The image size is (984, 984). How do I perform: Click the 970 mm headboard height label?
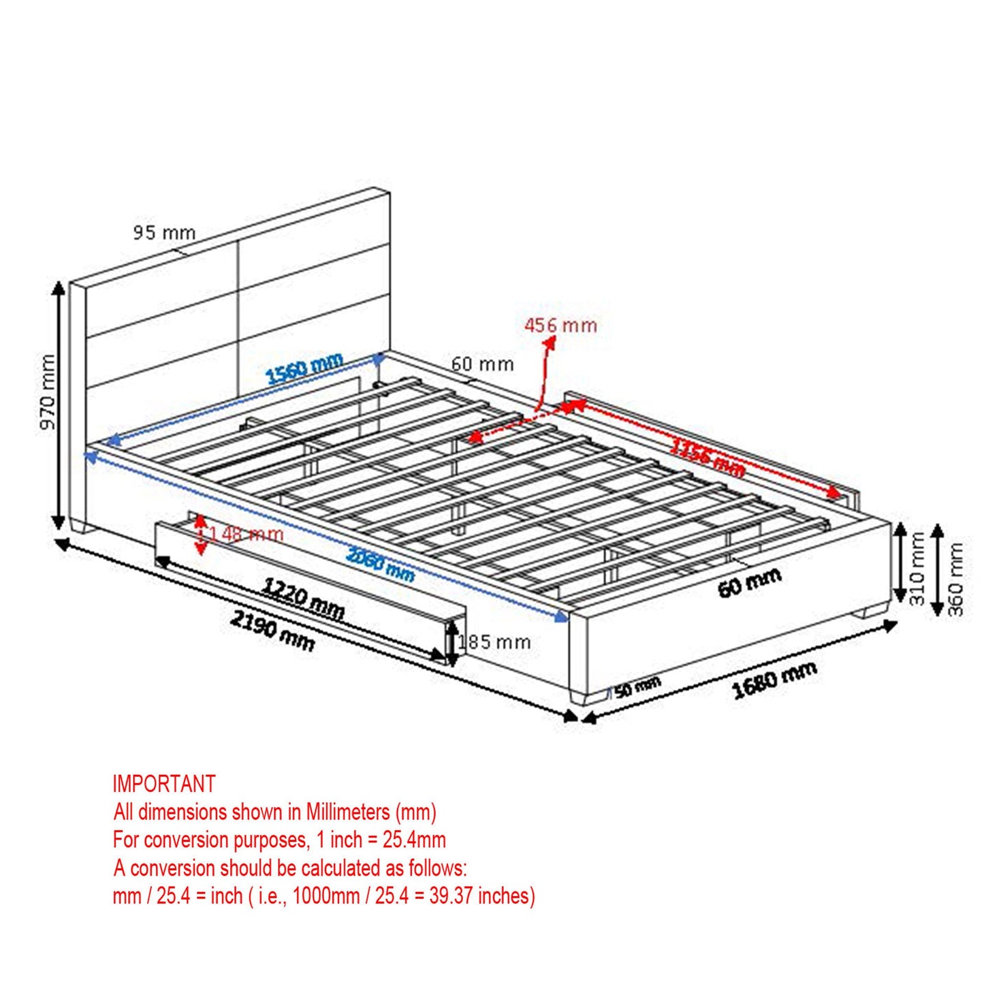[x=47, y=392]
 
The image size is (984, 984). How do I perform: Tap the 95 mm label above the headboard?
[x=164, y=233]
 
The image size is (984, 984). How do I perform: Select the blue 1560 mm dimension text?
[x=304, y=369]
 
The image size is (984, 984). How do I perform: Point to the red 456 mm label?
[x=560, y=326]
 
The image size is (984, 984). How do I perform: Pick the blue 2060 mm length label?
[x=380, y=565]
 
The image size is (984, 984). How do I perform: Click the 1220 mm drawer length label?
[x=304, y=599]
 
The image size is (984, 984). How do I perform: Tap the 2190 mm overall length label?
[x=272, y=630]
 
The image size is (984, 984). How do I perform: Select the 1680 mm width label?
[x=774, y=679]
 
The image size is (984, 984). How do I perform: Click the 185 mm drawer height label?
[x=494, y=641]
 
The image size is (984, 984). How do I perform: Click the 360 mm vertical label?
[x=955, y=578]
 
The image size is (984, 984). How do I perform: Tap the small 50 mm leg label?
[x=637, y=687]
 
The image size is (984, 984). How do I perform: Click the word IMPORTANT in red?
[x=164, y=784]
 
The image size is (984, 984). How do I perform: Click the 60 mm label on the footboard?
[x=749, y=584]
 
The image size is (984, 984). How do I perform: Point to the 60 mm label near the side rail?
[x=482, y=364]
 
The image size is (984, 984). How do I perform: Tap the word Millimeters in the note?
[x=347, y=812]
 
